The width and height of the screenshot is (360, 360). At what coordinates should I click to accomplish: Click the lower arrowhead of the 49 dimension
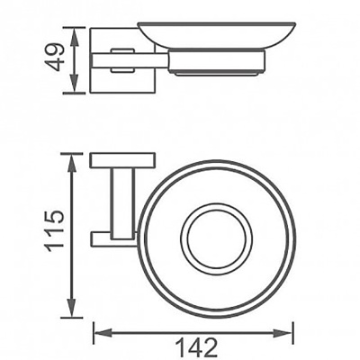69,88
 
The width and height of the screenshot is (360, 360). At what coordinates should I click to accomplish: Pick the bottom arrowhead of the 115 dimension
70,312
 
